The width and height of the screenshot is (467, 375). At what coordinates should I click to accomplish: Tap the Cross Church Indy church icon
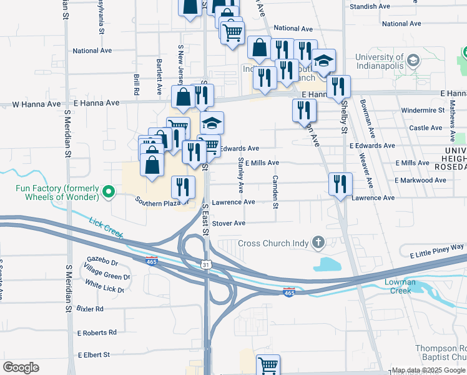[318, 242]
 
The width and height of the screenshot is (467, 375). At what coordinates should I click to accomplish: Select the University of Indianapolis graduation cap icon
[412, 61]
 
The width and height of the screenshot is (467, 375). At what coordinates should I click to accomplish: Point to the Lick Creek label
[104, 227]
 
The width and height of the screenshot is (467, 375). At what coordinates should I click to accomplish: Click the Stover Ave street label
[229, 223]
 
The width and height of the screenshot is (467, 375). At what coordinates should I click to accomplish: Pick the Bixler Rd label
[90, 309]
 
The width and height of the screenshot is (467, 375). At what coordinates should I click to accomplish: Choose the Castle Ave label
[426, 127]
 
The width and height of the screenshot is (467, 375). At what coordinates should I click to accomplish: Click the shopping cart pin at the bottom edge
[268, 364]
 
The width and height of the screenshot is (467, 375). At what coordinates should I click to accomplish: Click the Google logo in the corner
[21, 367]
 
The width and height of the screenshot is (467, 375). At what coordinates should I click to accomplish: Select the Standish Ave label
[370, 6]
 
